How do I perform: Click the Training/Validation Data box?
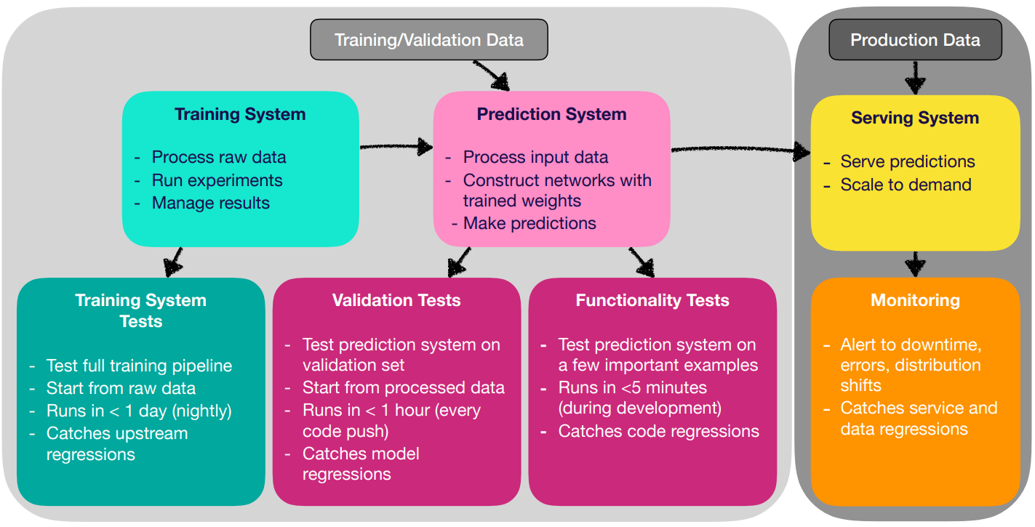pos(429,40)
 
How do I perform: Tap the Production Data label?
pos(915,40)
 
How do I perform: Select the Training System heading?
pos(240,114)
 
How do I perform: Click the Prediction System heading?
pos(552,114)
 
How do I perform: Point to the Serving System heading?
pos(915,118)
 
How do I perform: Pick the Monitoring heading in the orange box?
pos(915,300)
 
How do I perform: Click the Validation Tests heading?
pos(396,300)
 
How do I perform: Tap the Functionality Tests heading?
pos(652,300)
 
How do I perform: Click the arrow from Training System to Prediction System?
pos(396,146)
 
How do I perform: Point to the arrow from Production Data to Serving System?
pos(915,78)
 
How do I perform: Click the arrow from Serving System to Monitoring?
pos(915,264)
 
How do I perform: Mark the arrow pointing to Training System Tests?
pos(174,262)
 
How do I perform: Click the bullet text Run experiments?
pos(217,180)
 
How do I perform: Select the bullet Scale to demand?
pos(906,185)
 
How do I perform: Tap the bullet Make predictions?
pos(530,224)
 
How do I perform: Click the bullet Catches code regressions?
pos(658,431)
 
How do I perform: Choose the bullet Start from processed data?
pos(404,387)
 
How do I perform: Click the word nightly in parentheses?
pos(202,411)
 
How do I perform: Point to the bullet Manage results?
pos(211,203)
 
